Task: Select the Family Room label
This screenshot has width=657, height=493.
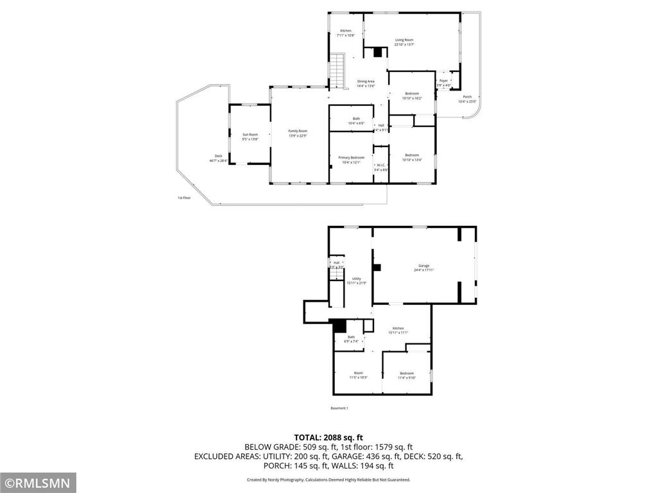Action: coord(298,131)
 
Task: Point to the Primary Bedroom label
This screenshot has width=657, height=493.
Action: coord(351,157)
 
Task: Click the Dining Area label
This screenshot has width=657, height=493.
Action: coord(366,82)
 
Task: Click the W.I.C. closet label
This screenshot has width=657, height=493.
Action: coord(380,165)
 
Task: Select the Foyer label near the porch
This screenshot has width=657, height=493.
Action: coord(443,81)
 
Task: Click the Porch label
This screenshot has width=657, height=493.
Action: coord(467,97)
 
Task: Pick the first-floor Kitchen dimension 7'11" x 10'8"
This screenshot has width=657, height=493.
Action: coord(346,36)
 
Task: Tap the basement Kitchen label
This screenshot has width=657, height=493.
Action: coord(398,328)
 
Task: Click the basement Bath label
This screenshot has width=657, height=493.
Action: coord(351,337)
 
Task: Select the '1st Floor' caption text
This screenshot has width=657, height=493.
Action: coord(184,198)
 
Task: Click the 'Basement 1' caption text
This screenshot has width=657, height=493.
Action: coord(339,408)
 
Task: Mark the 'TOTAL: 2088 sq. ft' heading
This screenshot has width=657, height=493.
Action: coord(328,437)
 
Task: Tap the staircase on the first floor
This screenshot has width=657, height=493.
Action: coord(337,69)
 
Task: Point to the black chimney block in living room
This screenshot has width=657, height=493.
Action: coord(378,54)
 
